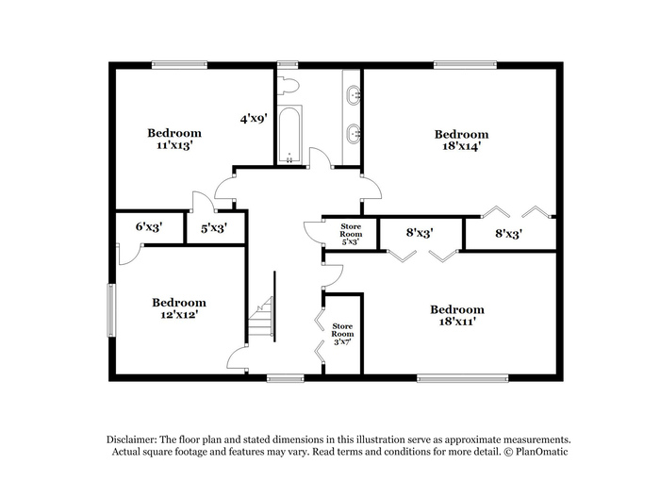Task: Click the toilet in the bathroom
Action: coord(289,86)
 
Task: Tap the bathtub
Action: coord(289,135)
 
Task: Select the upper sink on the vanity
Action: coord(354,94)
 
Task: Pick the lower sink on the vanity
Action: coord(354,134)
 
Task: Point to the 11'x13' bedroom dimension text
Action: coord(174,145)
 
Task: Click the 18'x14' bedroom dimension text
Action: coord(462,146)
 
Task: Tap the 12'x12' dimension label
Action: coord(179,315)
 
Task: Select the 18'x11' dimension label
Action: coord(457,322)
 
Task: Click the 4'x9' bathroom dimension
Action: coord(254,119)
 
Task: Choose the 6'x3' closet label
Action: coord(149,227)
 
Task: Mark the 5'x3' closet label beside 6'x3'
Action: coord(214,228)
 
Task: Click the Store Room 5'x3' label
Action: coord(351,234)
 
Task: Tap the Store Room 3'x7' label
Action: coord(342,334)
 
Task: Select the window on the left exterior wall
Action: coord(111,310)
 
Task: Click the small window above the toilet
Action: coord(288,65)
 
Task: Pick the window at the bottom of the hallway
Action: coord(286,379)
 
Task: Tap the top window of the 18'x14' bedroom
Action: coord(465,65)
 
